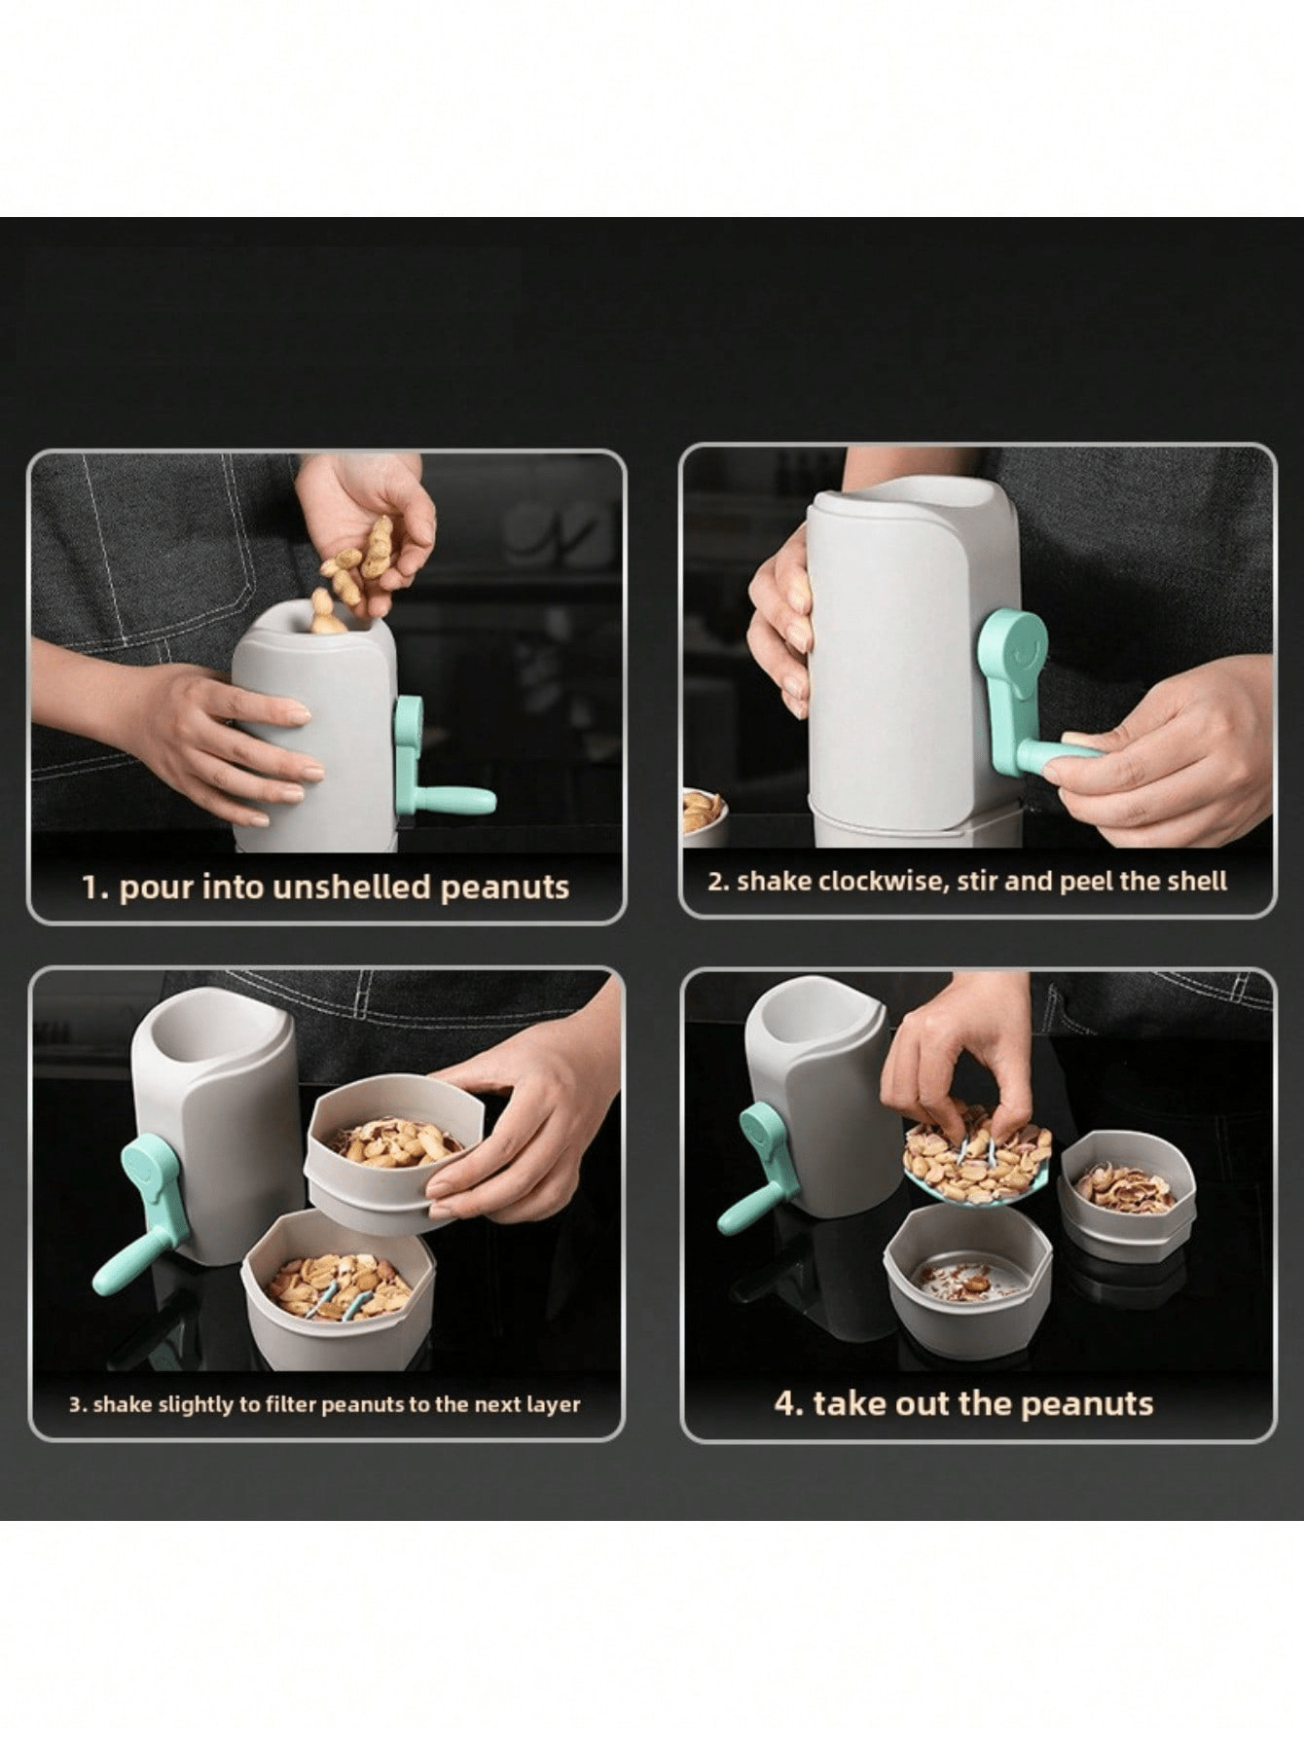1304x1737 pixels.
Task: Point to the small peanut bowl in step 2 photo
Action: (703, 814)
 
